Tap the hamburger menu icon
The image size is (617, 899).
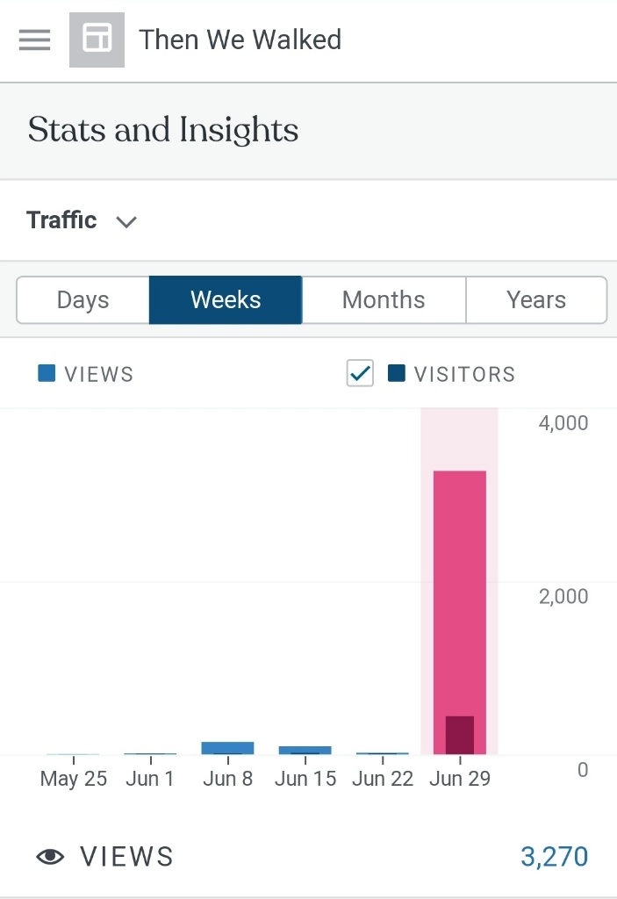[x=34, y=40]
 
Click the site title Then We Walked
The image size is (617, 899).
[x=240, y=40]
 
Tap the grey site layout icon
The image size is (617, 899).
[x=97, y=40]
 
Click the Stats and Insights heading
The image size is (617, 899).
[x=163, y=131]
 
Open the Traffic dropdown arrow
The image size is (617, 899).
[x=127, y=221]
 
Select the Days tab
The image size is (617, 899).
[x=83, y=300]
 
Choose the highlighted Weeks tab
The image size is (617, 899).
[x=226, y=300]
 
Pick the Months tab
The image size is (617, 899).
[x=384, y=300]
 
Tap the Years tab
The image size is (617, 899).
[x=536, y=300]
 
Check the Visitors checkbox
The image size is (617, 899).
[x=360, y=374]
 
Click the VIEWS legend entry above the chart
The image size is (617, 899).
[x=86, y=374]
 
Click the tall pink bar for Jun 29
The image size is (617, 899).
[x=459, y=588]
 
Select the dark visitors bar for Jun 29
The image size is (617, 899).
[x=459, y=736]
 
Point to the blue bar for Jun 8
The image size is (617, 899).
[x=227, y=748]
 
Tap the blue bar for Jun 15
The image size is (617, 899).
[x=305, y=750]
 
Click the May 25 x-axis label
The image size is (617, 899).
[x=74, y=780]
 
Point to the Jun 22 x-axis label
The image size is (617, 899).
[x=383, y=780]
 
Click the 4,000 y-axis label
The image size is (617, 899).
[x=563, y=423]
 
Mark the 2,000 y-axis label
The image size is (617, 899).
[x=563, y=597]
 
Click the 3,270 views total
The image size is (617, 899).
[x=554, y=857]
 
